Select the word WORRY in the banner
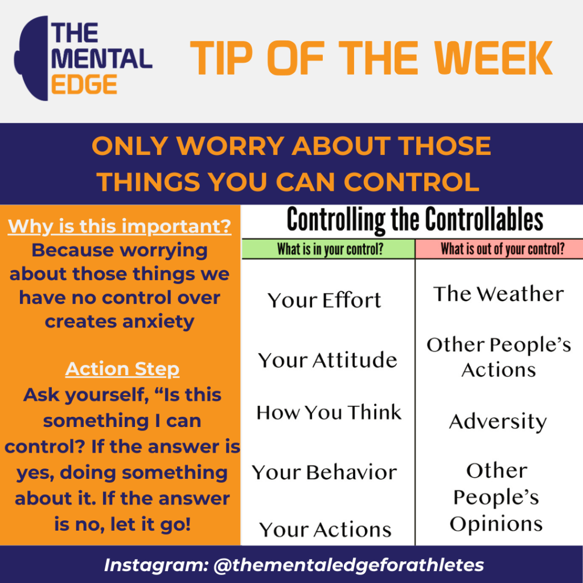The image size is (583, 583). pos(230,147)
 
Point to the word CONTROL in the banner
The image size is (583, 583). pos(410,182)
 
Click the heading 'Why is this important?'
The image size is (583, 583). pos(120,226)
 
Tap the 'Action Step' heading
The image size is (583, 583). pos(122,369)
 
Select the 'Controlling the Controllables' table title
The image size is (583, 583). pos(414,220)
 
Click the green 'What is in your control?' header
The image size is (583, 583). pos(329,249)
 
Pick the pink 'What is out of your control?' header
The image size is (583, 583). pos(499,249)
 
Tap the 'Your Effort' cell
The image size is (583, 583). pos(325,301)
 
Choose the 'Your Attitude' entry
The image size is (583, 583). pos(327,360)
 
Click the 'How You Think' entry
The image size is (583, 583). pos(329,412)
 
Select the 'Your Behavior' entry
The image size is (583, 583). pos(325,473)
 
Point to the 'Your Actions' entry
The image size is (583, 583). pos(326,530)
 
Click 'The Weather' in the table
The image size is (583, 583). pos(498,294)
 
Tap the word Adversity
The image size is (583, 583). pos(498,422)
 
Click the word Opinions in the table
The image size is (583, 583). pos(496,524)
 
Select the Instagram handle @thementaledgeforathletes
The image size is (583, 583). pos(348,565)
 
